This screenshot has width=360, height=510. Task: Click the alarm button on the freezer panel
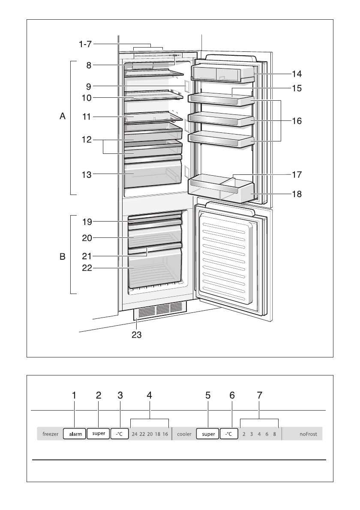[75, 434]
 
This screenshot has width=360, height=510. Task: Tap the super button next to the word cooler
[208, 434]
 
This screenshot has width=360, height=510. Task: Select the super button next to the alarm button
[98, 434]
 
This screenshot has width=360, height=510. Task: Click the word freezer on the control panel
[50, 434]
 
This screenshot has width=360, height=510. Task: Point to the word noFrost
[308, 434]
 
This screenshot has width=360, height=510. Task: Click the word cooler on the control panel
[184, 434]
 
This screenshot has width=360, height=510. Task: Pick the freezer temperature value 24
[135, 434]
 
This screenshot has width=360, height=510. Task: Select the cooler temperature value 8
[274, 434]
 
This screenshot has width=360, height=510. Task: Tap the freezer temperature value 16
[165, 434]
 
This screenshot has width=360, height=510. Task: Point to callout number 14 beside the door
[296, 74]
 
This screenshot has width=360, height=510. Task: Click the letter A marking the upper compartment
[63, 116]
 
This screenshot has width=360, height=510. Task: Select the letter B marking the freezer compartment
[63, 257]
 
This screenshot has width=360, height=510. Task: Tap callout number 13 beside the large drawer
[87, 174]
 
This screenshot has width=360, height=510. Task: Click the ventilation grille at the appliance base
[161, 310]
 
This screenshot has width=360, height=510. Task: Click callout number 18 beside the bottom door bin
[296, 194]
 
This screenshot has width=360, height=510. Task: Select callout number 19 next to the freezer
[87, 222]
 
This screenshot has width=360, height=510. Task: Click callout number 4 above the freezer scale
[149, 396]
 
